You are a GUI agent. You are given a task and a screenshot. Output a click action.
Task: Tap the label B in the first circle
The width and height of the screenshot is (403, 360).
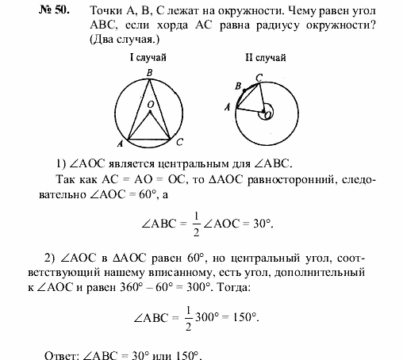149,73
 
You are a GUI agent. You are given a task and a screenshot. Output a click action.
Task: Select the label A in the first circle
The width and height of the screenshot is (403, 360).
119,144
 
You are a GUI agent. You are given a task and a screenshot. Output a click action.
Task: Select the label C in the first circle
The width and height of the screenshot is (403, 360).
180,142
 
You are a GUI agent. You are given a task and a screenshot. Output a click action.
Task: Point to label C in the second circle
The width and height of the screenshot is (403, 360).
259,77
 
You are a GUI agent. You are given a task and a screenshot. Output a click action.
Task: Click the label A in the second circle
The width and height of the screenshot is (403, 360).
228,105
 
